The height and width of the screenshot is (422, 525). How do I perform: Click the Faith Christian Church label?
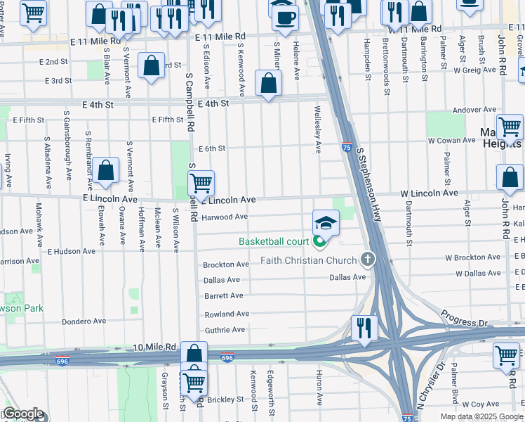309,260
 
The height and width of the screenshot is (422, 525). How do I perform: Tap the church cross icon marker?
366,260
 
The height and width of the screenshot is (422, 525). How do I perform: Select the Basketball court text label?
274,241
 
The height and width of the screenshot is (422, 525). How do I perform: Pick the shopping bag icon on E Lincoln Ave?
105,170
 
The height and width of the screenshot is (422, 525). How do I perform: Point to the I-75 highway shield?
347,147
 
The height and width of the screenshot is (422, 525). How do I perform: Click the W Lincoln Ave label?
429,193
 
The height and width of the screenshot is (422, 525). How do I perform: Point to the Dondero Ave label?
84,321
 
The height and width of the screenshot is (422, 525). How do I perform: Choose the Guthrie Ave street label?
224,330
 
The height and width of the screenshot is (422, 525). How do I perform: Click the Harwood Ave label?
225,217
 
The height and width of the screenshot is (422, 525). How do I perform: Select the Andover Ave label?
474,110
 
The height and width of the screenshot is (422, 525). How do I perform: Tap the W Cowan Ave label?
453,141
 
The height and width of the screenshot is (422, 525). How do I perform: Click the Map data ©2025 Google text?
481,416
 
